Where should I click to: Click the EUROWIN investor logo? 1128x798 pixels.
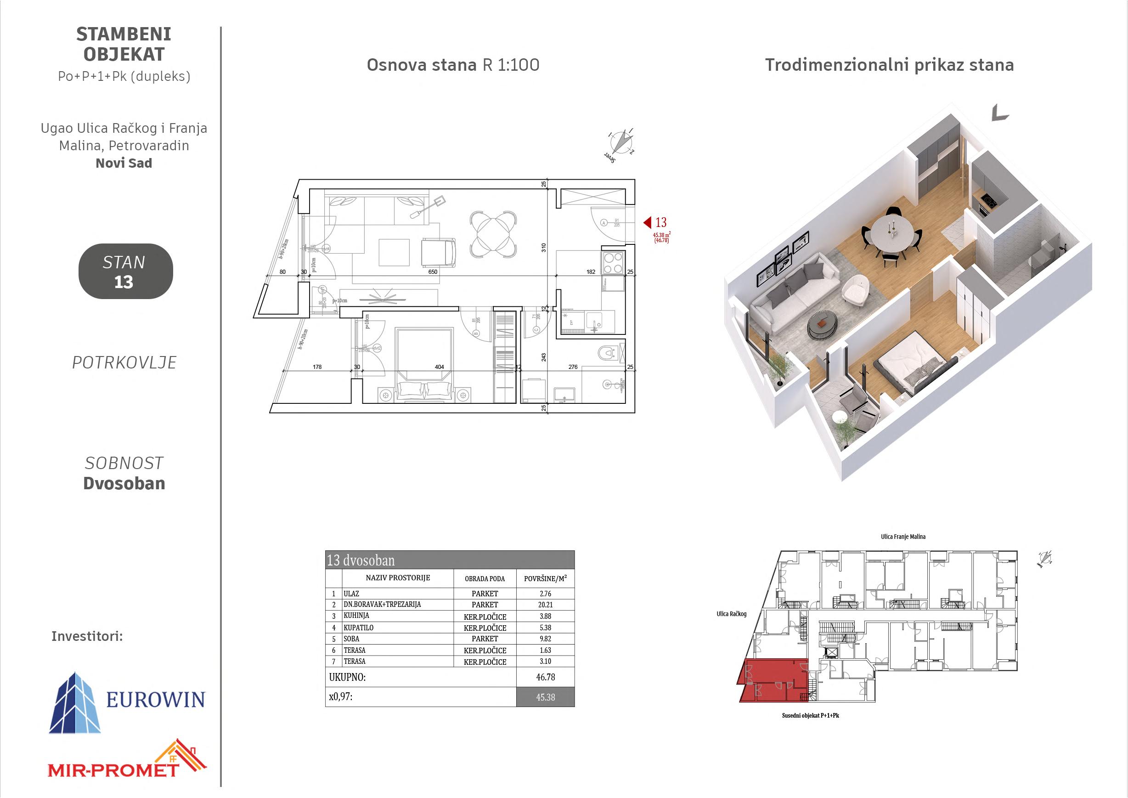coord(127,702)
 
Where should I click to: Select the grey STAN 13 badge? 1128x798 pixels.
coord(125,271)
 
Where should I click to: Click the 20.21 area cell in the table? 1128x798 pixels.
coord(545,605)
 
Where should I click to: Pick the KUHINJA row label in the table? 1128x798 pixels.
coord(356,616)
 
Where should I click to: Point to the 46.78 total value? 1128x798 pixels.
coord(545,677)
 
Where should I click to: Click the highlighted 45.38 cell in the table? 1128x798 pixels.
coord(545,697)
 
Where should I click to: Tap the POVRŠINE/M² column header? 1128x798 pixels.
coord(545,579)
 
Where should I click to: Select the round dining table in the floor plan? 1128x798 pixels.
coord(493,234)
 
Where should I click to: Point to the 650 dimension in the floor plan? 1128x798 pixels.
coord(432,272)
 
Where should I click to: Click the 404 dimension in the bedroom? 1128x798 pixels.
coord(439,367)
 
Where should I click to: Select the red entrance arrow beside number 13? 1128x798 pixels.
coord(647,223)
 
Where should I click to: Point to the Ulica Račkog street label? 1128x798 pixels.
coord(731,614)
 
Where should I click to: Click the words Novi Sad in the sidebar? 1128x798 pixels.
coord(124,164)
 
